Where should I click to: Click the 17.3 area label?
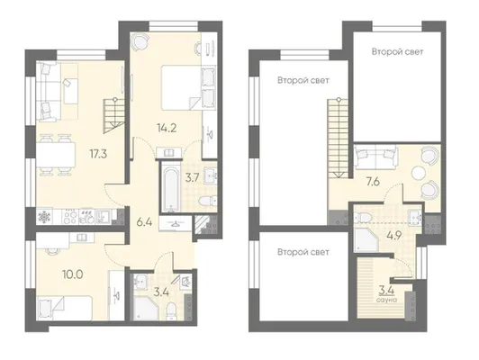click(98, 154)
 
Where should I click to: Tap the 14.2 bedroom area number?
click(167, 128)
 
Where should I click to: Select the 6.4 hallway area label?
click(144, 222)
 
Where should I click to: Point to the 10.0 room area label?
click(73, 274)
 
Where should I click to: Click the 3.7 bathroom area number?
click(193, 177)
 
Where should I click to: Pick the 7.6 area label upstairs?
click(373, 182)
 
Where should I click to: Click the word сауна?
click(387, 300)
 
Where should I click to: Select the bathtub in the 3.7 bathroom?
click(170, 186)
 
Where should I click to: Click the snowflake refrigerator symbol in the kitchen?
click(44, 217)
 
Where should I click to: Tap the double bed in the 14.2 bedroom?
click(181, 87)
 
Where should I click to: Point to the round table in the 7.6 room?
click(418, 174)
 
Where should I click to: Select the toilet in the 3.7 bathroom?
click(207, 201)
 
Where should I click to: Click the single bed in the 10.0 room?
click(65, 308)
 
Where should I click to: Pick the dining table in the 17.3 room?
click(56, 155)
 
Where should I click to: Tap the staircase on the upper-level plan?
click(339, 138)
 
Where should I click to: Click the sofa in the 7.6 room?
click(375, 157)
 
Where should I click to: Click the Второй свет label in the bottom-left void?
click(303, 252)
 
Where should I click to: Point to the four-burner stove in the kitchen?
click(70, 217)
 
